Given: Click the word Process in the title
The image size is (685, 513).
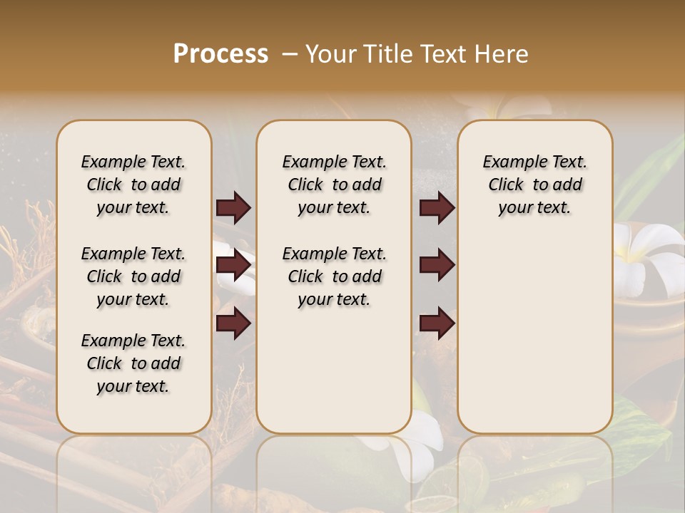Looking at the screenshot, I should pos(220,54).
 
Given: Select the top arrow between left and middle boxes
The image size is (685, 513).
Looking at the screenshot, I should pos(233,207).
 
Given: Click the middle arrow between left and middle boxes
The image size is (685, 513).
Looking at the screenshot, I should pos(233,265).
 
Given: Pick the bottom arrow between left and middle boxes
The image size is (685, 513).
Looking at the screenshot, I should pos(233,323).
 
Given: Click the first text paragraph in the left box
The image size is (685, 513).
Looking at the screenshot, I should pos(133,185).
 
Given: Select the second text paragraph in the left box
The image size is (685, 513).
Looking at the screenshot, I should pos(133,276).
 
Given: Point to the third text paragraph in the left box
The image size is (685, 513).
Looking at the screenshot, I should pos(133,363).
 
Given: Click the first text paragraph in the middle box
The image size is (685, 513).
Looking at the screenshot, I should pos(334,185).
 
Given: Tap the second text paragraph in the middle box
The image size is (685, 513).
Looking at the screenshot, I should pos(334,276).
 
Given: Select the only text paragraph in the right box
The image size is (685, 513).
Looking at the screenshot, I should pos(534,185).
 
